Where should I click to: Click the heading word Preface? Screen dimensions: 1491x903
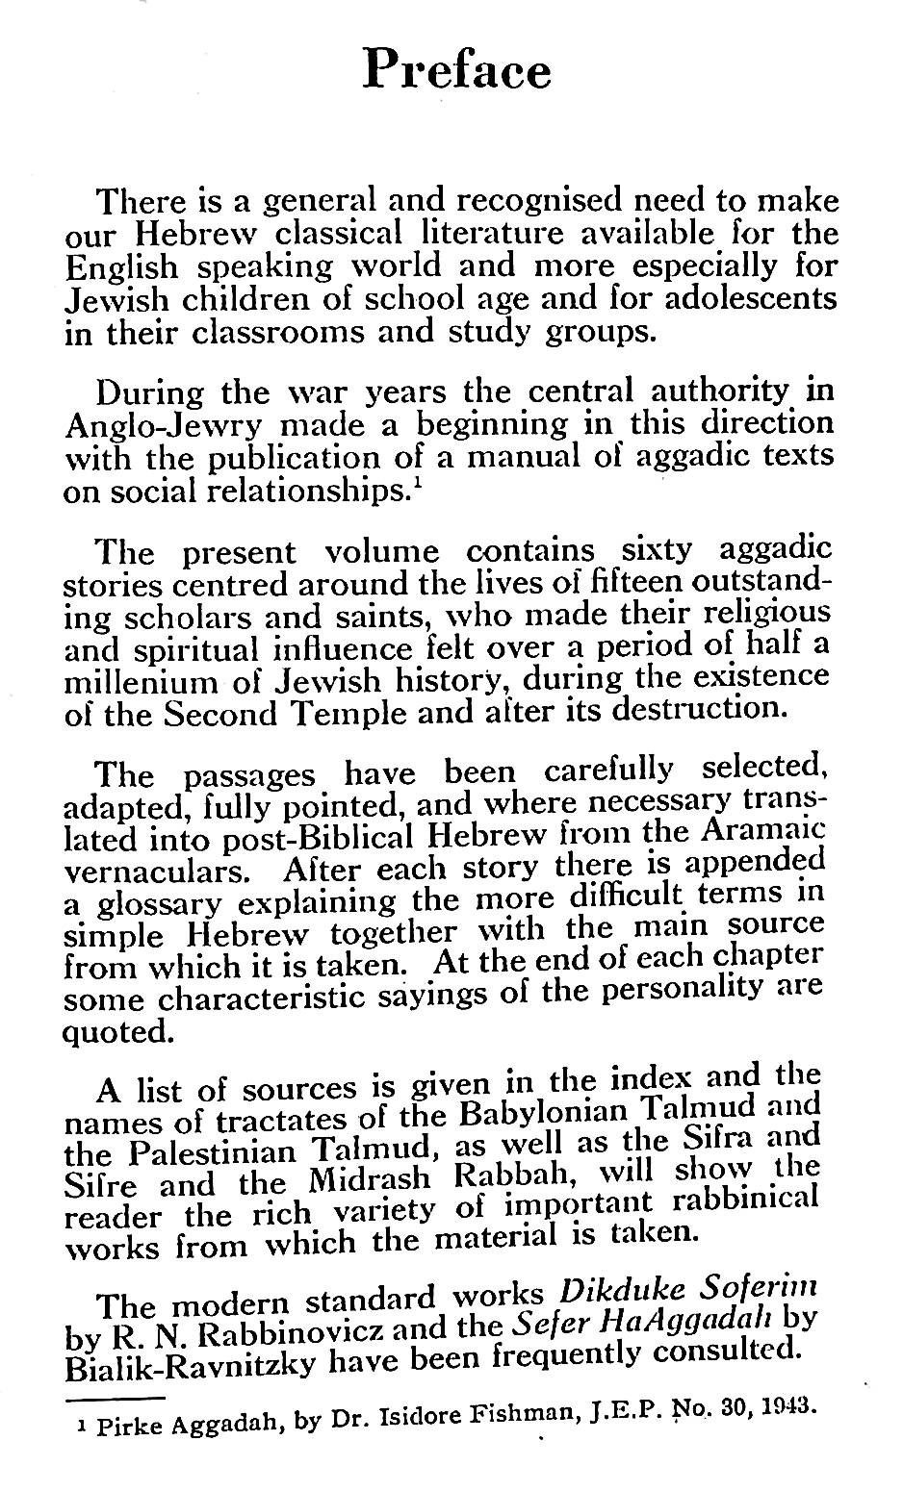(456, 69)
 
